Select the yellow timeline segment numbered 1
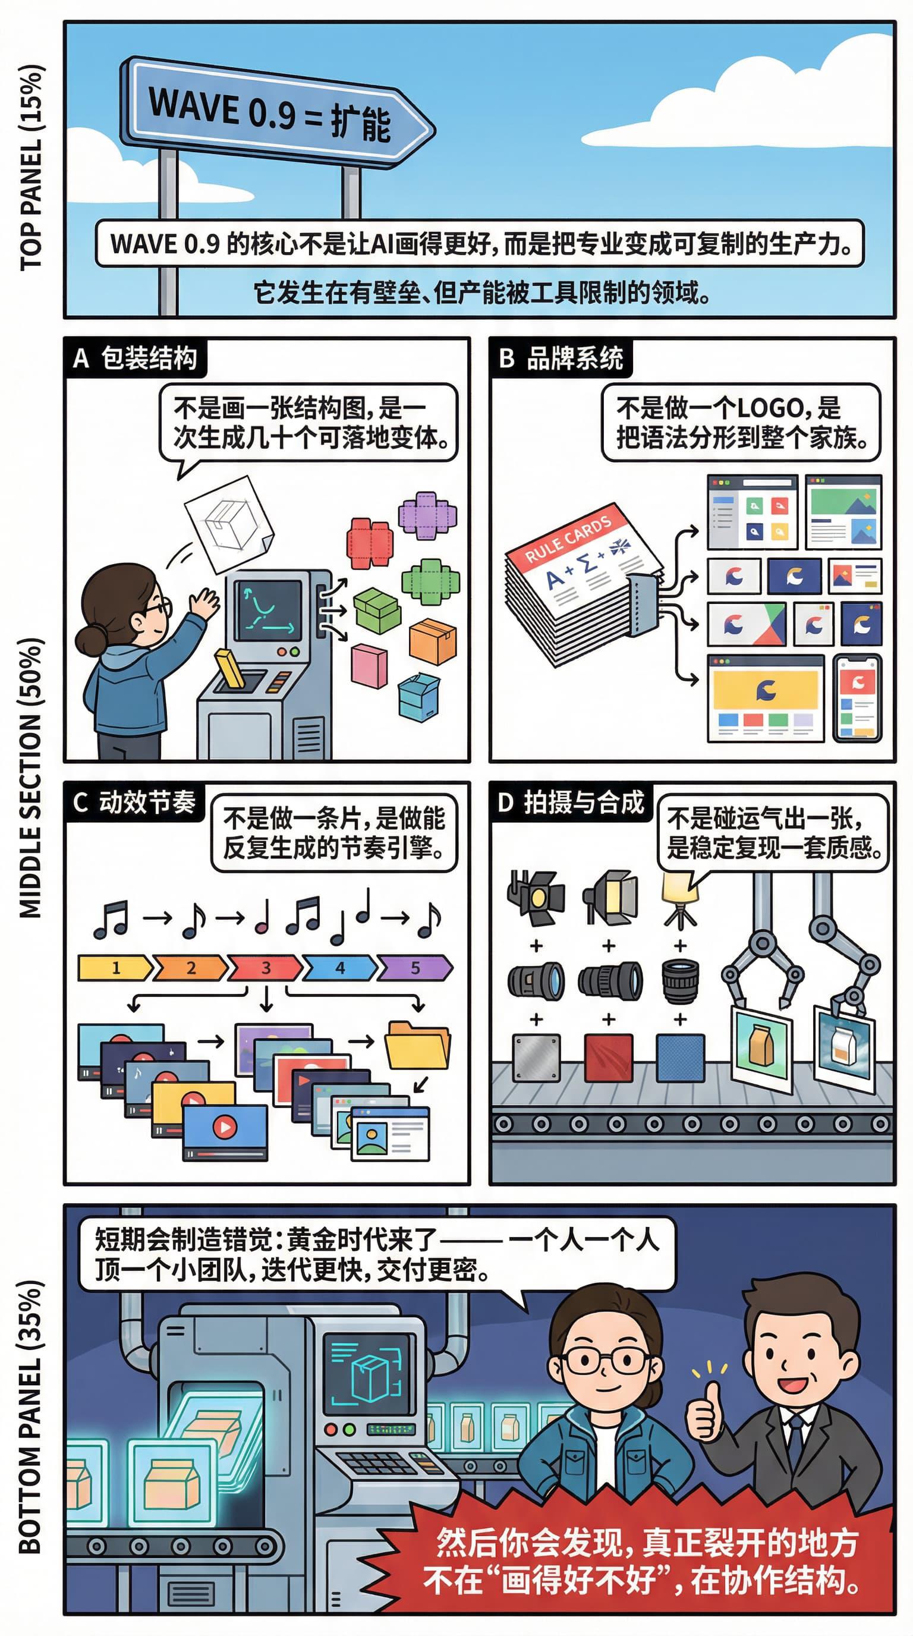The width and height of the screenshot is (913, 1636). [114, 968]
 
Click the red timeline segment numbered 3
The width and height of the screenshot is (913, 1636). [265, 968]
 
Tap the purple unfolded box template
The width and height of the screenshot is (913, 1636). [427, 515]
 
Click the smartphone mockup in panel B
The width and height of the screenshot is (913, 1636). [857, 698]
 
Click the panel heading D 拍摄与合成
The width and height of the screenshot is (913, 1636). [570, 802]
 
